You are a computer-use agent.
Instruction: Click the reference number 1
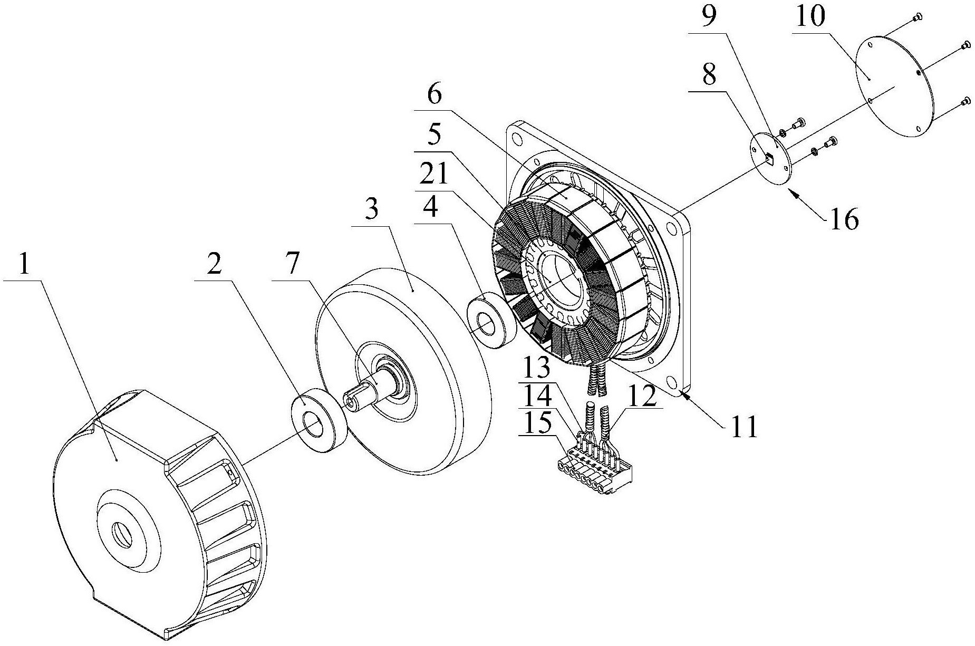[23, 267]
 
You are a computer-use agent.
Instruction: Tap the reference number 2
[214, 266]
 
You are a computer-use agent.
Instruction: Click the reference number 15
[537, 423]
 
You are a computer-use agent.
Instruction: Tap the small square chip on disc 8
[769, 157]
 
